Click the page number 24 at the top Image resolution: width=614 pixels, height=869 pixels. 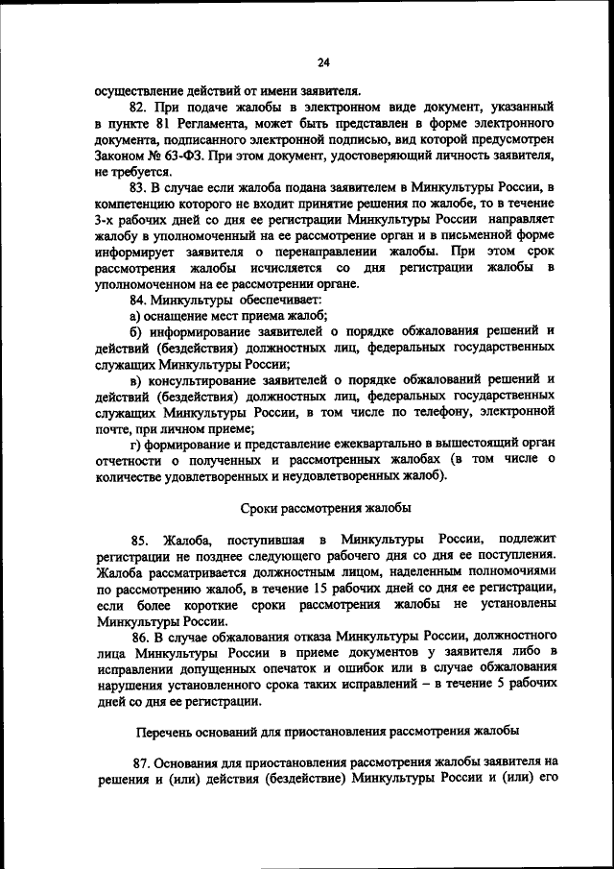tap(323, 63)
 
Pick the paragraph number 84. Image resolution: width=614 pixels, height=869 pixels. tap(138, 301)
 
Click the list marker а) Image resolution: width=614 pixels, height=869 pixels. tap(135, 316)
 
